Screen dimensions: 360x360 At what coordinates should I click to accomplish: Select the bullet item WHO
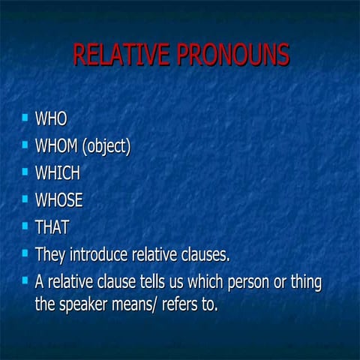(51, 118)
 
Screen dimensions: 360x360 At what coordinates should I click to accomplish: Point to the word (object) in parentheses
(106, 146)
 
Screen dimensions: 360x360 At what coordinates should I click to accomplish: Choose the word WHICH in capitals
(57, 172)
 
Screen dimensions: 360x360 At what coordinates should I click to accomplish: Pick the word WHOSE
(58, 200)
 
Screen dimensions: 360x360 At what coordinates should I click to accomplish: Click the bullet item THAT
(52, 226)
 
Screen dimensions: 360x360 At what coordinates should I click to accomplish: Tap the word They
(50, 254)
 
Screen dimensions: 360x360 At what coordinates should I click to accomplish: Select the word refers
(193, 305)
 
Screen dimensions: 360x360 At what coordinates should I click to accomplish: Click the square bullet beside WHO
(24, 117)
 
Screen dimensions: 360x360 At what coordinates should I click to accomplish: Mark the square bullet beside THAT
(24, 225)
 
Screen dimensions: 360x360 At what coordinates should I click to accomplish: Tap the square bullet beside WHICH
(24, 171)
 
